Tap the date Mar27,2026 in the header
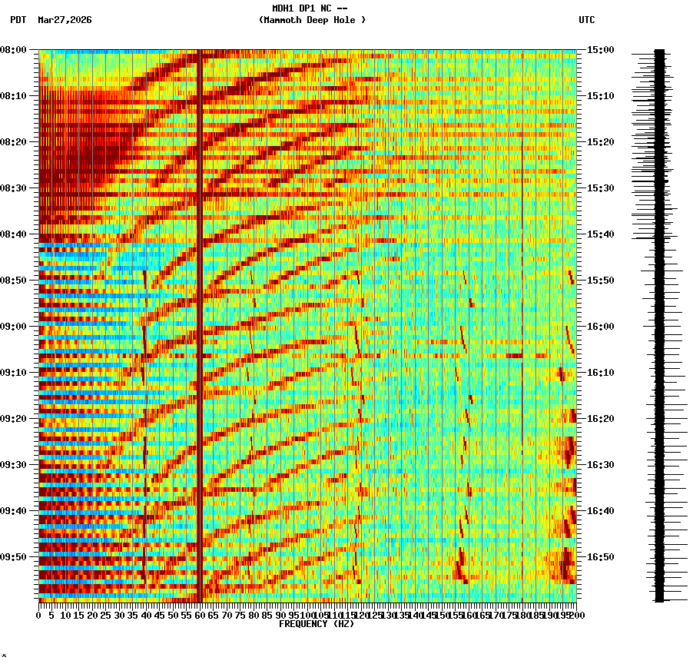click(65, 20)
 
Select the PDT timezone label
click(18, 20)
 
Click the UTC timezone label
click(586, 20)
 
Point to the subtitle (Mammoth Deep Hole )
click(312, 20)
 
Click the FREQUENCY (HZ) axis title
click(316, 624)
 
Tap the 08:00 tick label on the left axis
click(14, 50)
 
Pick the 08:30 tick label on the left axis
click(14, 188)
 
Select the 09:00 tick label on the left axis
click(14, 327)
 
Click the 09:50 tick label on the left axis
click(14, 557)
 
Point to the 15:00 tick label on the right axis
click(600, 50)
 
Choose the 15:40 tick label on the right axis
click(600, 234)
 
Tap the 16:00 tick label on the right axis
click(600, 327)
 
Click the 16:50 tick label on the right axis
click(600, 557)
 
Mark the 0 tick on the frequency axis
click(39, 615)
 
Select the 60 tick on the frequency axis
click(200, 615)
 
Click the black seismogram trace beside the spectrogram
click(659, 323)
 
